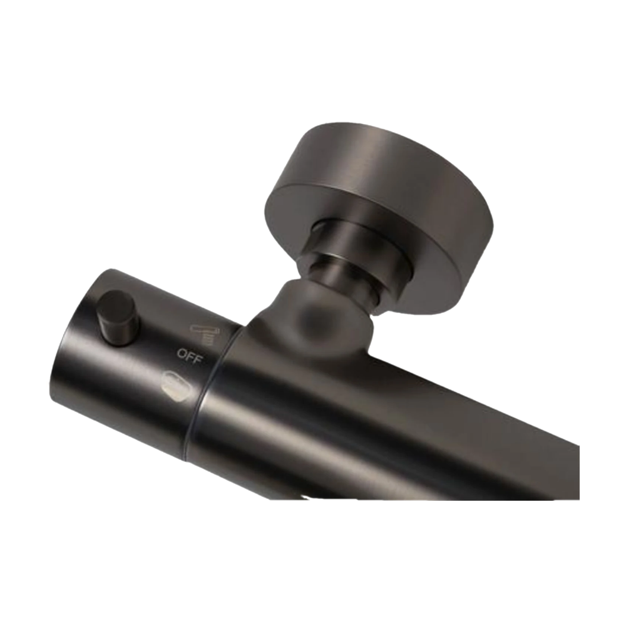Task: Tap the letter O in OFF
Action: (182, 353)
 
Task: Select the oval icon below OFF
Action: (176, 383)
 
